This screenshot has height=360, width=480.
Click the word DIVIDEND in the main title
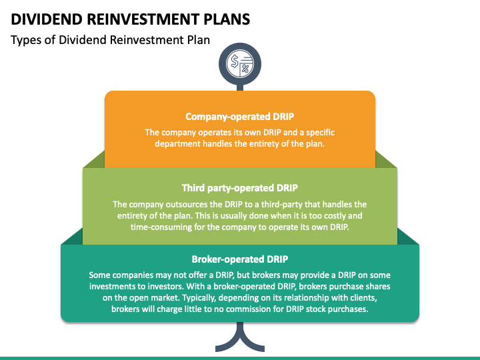click(x=47, y=19)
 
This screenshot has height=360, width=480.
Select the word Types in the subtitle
click(x=25, y=41)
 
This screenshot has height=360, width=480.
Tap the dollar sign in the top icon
click(x=235, y=61)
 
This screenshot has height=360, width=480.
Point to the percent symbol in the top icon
click(x=245, y=69)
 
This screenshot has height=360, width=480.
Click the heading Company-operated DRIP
click(x=240, y=117)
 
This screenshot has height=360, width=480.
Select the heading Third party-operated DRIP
click(x=240, y=187)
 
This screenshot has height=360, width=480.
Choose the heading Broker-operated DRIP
click(x=240, y=259)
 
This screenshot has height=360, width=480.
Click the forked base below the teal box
click(x=240, y=337)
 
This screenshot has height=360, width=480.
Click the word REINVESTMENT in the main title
click(x=143, y=19)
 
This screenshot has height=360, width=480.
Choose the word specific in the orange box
click(x=320, y=133)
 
